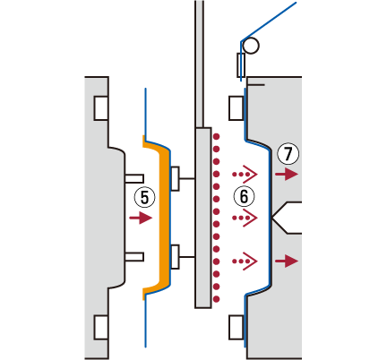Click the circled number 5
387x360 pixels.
click(x=144, y=198)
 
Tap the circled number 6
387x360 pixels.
click(x=244, y=197)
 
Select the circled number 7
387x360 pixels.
click(x=288, y=154)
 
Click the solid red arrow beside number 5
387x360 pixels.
click(x=141, y=218)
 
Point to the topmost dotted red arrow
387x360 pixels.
click(x=245, y=174)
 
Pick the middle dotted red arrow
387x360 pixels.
click(x=245, y=218)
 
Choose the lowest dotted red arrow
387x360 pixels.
click(x=245, y=261)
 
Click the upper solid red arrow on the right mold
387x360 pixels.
click(x=287, y=174)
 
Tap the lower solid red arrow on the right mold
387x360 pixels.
click(x=287, y=261)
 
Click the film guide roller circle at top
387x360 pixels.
click(x=251, y=46)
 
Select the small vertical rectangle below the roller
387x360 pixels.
click(x=241, y=65)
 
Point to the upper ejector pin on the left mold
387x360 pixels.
click(x=134, y=178)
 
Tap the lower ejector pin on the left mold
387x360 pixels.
click(x=134, y=257)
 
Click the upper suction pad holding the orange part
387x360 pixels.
click(x=175, y=178)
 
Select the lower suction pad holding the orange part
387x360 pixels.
click(x=175, y=257)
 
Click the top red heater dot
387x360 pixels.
click(x=216, y=137)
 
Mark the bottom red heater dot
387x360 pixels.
click(x=216, y=299)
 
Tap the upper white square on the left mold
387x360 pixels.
click(x=101, y=108)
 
